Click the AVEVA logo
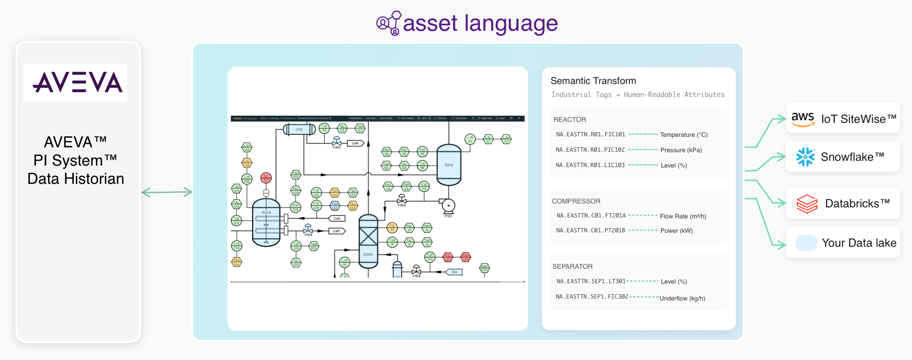click(75, 83)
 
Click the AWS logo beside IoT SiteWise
click(803, 119)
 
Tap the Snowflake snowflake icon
click(805, 157)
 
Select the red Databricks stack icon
click(807, 204)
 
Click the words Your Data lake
click(859, 243)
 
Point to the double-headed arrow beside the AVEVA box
click(167, 192)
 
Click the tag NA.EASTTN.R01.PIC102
click(590, 150)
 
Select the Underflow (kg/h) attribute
click(682, 298)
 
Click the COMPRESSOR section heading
click(576, 201)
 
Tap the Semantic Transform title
click(593, 81)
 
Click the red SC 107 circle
click(266, 178)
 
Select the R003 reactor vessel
click(266, 223)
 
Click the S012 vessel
click(448, 165)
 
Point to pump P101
click(448, 206)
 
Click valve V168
click(402, 200)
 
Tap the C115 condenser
click(299, 129)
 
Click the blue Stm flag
click(454, 272)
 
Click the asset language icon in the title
click(389, 23)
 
